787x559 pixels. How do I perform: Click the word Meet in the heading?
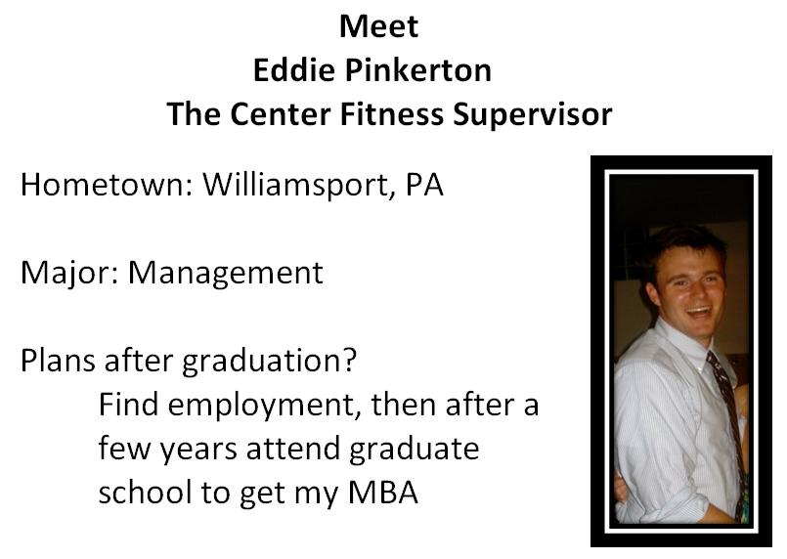(379, 26)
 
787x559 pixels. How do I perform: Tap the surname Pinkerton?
(418, 69)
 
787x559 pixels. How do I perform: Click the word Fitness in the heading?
(391, 114)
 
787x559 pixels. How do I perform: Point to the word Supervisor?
(533, 115)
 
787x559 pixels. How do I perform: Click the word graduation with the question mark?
(269, 362)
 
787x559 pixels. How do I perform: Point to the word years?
(198, 450)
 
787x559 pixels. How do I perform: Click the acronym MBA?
(383, 493)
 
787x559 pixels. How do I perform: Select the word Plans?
(58, 361)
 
